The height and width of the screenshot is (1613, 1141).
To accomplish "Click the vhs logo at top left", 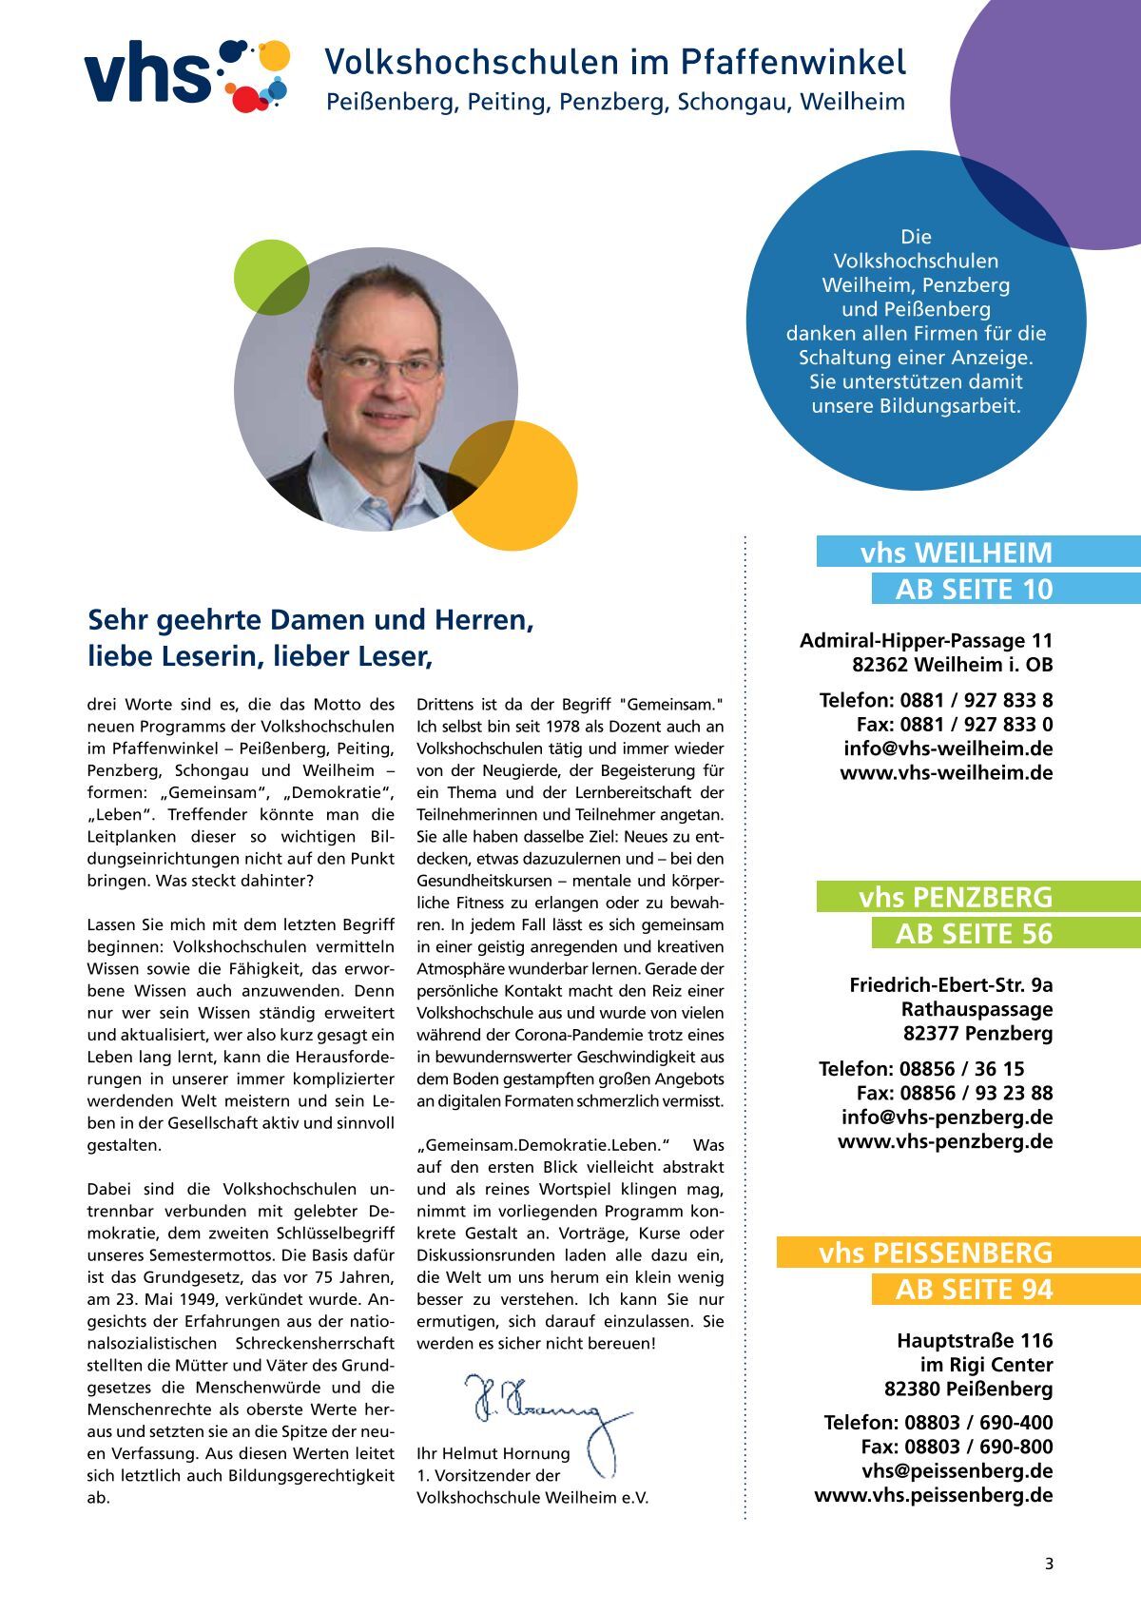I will click(186, 74).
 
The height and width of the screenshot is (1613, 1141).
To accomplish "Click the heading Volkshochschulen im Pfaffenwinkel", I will click(614, 62).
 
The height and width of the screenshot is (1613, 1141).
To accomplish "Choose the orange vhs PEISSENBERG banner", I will click(936, 1253).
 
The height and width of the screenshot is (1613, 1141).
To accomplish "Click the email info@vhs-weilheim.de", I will click(948, 748).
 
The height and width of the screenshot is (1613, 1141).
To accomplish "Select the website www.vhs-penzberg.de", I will click(945, 1141).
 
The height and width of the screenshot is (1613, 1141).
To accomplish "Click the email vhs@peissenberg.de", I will click(957, 1471).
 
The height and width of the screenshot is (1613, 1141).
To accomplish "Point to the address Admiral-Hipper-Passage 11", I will click(926, 641).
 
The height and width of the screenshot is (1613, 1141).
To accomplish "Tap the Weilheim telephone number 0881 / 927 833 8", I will click(977, 701).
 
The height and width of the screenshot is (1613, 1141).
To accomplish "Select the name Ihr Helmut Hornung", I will click(493, 1453).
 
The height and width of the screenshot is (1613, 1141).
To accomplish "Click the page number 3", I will click(1049, 1564).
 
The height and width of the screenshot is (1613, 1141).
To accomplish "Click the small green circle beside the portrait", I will click(272, 277).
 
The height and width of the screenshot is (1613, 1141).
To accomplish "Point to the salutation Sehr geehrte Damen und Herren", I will click(310, 620).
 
